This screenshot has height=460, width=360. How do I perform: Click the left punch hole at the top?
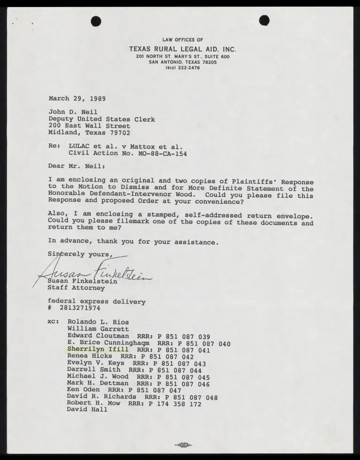(96, 21)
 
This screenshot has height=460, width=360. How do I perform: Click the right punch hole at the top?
(264, 20)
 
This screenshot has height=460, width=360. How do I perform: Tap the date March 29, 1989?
(77, 99)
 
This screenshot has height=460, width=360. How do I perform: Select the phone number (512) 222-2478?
(183, 67)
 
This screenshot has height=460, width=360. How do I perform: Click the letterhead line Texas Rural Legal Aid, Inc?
(183, 49)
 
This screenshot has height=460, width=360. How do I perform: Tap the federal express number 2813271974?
(80, 308)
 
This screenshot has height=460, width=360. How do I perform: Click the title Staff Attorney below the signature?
(76, 288)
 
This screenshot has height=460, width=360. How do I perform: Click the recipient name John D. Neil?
(73, 112)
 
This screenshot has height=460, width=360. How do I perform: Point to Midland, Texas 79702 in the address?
(90, 133)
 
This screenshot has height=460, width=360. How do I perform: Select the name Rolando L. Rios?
(98, 322)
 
